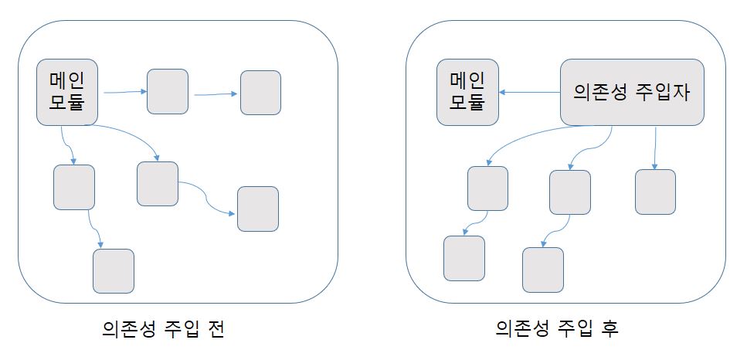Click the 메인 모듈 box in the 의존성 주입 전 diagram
(67, 92)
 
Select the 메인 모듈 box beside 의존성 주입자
(467, 92)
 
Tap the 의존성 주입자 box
(632, 92)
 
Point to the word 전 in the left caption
(216, 330)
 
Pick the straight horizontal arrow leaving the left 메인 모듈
(124, 92)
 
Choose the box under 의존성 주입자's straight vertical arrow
(655, 192)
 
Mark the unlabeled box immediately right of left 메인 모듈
(168, 92)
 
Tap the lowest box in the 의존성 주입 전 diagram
(114, 270)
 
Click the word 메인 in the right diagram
(467, 81)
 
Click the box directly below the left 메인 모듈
(74, 187)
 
